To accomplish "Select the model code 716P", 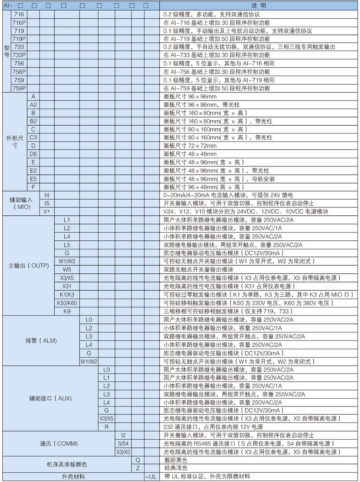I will tap(19, 23).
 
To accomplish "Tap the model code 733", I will tap(19, 47).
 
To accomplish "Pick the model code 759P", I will tap(19, 88).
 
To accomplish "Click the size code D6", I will tap(34, 154).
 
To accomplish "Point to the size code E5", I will tap(34, 179).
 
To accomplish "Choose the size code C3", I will tap(34, 137).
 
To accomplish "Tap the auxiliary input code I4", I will tap(47, 195).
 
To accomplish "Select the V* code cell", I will tap(47, 211).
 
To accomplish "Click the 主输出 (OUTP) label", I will tap(29, 265).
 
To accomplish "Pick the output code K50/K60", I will tap(67, 303).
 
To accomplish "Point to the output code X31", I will tap(67, 286).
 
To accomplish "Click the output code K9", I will tap(67, 311).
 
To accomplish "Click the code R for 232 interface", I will tap(106, 427).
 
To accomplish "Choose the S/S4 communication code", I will tap(123, 444).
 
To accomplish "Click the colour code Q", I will tap(138, 460).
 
